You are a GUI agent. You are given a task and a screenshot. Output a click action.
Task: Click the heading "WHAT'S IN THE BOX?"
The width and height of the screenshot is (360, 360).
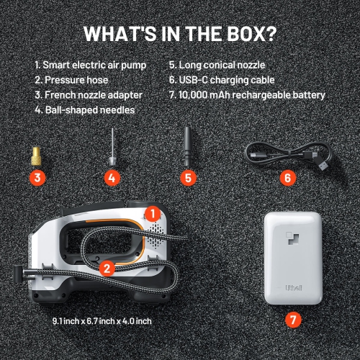pyautogui.click(x=179, y=33)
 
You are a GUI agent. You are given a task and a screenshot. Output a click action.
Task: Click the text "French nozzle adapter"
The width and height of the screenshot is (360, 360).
pyautogui.click(x=92, y=95)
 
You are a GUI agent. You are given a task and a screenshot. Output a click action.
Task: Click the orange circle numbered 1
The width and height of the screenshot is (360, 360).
pyautogui.click(x=152, y=213)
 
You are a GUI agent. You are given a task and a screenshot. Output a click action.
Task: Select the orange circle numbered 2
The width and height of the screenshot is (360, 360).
pyautogui.click(x=107, y=269)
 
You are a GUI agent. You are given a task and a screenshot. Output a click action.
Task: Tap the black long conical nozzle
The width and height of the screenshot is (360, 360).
pyautogui.click(x=187, y=146)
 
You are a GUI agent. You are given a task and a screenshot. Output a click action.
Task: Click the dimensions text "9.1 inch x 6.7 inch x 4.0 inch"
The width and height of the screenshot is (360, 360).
pyautogui.click(x=102, y=320)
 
